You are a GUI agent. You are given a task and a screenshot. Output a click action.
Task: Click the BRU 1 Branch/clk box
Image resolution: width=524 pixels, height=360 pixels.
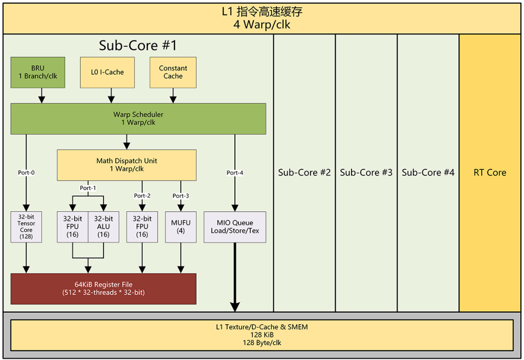[x=38, y=73]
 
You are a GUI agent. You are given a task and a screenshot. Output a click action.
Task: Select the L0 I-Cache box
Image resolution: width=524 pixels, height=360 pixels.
[x=107, y=73]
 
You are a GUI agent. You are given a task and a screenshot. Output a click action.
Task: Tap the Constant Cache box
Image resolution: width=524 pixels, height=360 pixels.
[x=173, y=73]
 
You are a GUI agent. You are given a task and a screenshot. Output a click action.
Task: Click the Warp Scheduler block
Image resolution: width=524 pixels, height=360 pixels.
[x=138, y=119]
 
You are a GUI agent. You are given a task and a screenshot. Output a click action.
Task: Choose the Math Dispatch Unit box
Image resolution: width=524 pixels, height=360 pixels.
[x=127, y=165]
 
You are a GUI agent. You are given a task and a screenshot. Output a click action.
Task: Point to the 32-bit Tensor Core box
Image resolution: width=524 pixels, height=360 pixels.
[x=26, y=227]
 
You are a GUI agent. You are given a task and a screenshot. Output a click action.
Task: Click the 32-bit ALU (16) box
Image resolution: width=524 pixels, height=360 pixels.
[x=103, y=227]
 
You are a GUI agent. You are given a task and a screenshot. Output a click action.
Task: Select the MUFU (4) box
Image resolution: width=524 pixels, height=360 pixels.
[x=181, y=227]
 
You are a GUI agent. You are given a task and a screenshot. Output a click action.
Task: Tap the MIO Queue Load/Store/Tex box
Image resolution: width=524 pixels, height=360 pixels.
[x=235, y=227]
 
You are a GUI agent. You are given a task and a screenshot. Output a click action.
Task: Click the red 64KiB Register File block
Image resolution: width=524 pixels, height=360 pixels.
[x=103, y=289]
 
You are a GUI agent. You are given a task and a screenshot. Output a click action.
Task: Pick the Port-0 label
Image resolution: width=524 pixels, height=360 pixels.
[x=26, y=173]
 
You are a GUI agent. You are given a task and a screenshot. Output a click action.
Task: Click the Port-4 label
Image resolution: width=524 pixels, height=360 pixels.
[x=235, y=173]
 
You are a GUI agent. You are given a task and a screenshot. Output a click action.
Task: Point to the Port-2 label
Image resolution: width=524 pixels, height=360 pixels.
[x=142, y=196]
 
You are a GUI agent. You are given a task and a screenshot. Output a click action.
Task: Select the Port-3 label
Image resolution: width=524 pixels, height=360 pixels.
[x=181, y=196]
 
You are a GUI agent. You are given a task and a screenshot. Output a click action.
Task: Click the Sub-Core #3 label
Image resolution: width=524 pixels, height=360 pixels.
[x=366, y=173]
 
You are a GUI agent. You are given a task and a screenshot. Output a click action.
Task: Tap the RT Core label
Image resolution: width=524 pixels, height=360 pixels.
[x=490, y=173]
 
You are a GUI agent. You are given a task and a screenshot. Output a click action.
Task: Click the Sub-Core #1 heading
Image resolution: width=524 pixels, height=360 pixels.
[x=138, y=46]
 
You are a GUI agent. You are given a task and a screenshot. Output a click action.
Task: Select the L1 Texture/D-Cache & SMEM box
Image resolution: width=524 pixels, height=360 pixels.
[x=262, y=335]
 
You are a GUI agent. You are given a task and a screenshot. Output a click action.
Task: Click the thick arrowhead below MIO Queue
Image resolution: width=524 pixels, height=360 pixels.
[x=235, y=307]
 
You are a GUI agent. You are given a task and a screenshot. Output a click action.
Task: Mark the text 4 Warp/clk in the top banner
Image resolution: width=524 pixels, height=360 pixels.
[x=262, y=25]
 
